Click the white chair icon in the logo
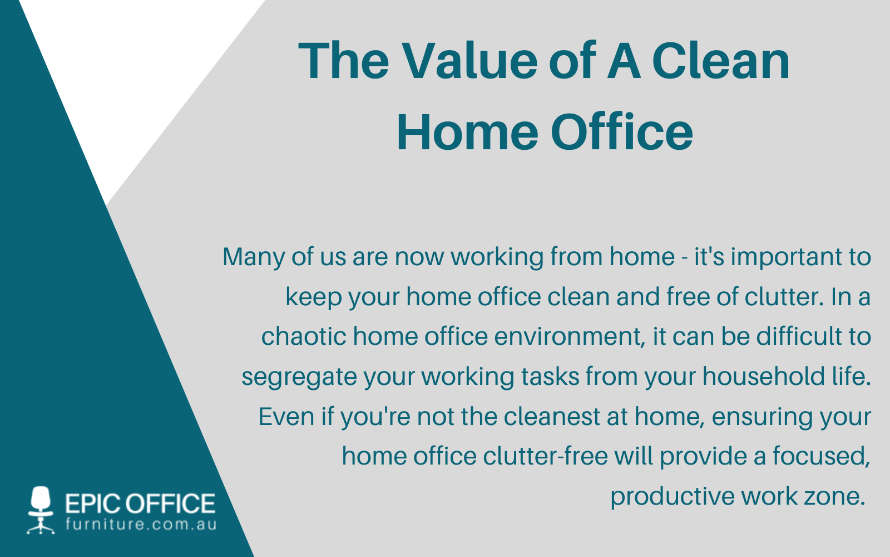coord(41,509)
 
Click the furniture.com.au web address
coord(141,525)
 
